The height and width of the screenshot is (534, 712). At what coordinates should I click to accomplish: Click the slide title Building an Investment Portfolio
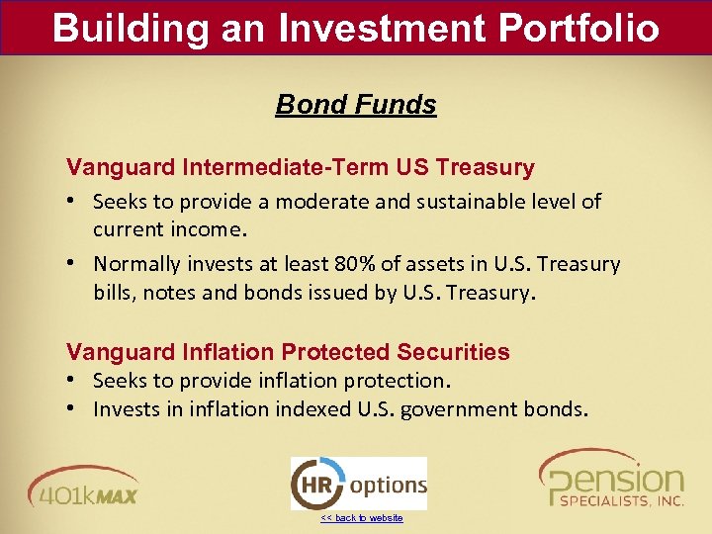click(x=356, y=27)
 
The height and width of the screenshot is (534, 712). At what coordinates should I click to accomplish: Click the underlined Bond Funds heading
click(x=356, y=104)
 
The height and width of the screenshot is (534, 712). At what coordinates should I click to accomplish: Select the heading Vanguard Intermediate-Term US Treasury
click(x=300, y=167)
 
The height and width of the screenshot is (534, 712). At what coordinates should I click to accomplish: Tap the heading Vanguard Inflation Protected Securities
click(x=288, y=352)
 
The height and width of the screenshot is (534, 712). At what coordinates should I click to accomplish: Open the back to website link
click(x=362, y=518)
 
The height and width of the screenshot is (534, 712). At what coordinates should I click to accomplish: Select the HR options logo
click(x=358, y=484)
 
